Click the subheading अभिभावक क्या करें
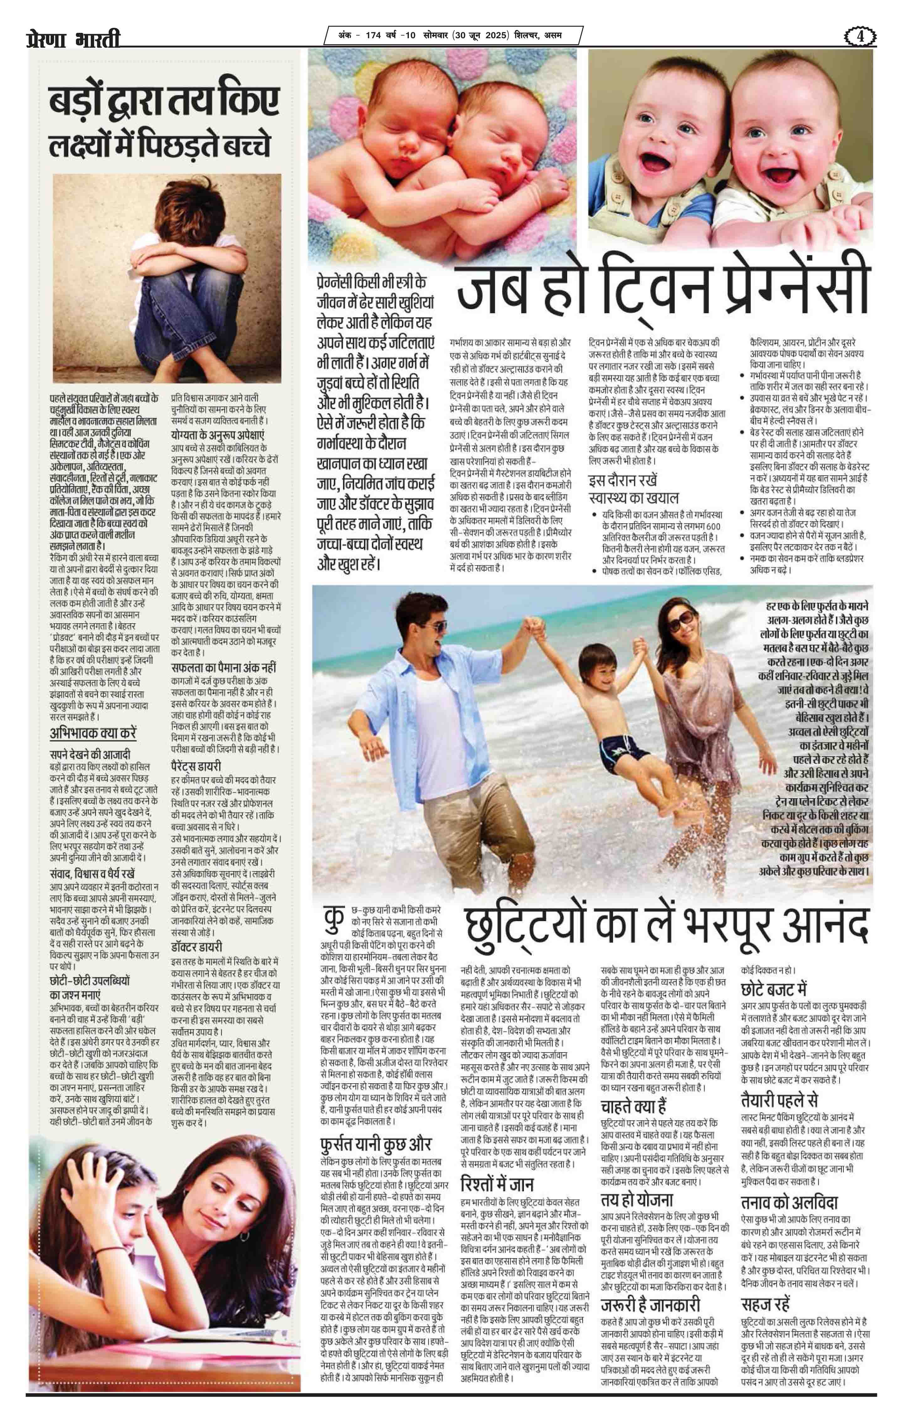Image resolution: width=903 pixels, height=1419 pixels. [93, 734]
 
